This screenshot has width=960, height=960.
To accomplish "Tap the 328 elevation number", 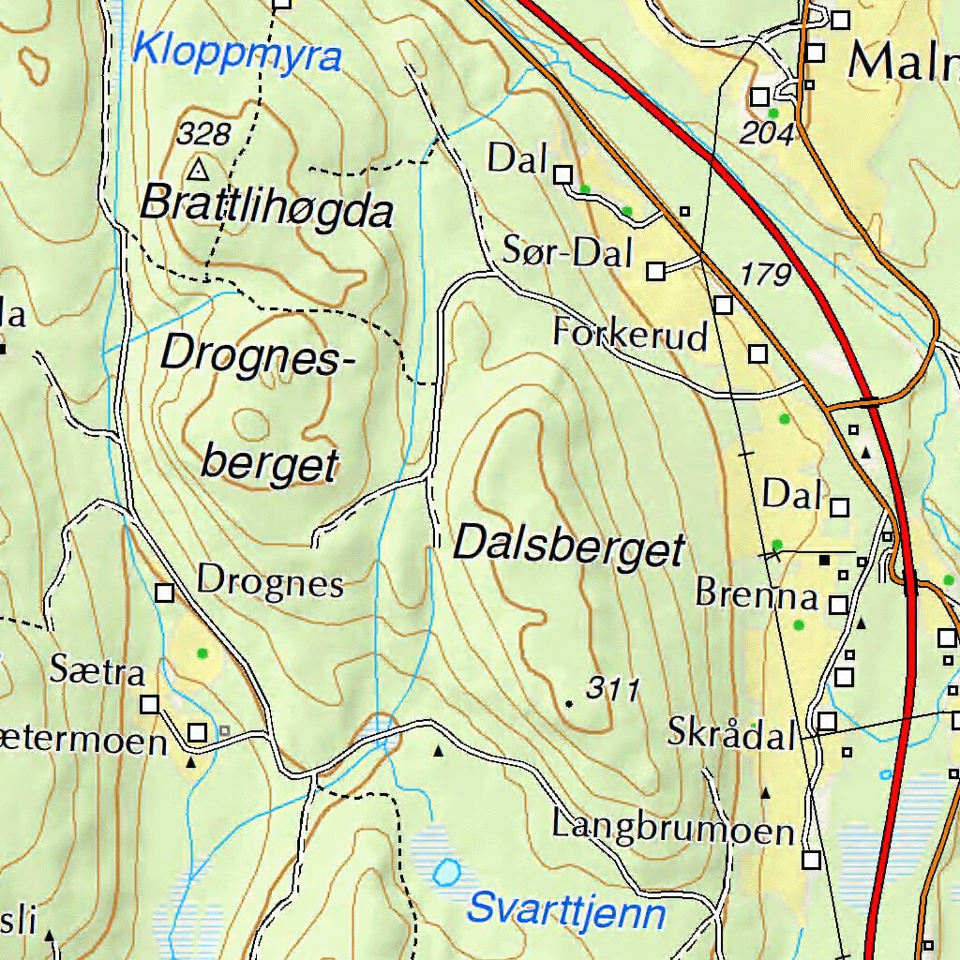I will click(x=203, y=134).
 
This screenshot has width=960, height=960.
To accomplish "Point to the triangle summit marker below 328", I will click(x=198, y=170).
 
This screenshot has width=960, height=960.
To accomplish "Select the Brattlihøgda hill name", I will click(x=266, y=207).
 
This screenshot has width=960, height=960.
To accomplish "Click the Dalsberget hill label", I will click(x=570, y=546).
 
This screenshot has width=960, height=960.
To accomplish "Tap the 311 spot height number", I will click(x=612, y=690).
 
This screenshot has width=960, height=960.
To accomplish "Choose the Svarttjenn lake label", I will click(x=566, y=910).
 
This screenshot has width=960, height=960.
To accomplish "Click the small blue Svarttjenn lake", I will click(x=446, y=874).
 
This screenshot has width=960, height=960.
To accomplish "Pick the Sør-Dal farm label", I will click(x=568, y=251).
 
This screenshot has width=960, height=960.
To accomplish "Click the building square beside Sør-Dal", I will click(x=656, y=271).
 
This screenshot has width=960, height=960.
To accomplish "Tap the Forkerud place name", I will click(x=630, y=334).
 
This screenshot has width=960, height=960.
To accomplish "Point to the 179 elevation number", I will click(x=766, y=275).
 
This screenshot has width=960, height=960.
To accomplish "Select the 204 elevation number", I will click(x=766, y=134).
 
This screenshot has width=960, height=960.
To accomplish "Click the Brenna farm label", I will click(x=757, y=594).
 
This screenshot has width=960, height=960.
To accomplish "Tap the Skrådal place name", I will click(x=731, y=733).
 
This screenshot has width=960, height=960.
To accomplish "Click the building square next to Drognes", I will click(x=165, y=592).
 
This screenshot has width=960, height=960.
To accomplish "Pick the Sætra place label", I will click(x=97, y=671).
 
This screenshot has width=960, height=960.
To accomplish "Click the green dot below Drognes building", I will click(x=201, y=652).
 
